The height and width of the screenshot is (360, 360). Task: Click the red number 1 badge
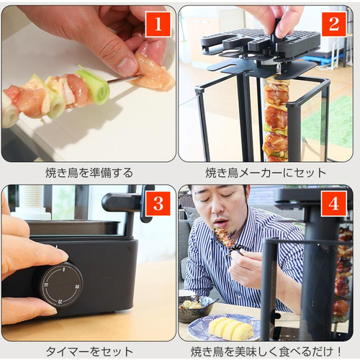(158, 24)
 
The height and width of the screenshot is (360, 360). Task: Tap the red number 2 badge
(334, 24)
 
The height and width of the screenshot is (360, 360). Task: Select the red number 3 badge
(158, 204)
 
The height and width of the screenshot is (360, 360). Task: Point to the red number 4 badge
(334, 204)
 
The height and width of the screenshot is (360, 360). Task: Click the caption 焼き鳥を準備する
(89, 173)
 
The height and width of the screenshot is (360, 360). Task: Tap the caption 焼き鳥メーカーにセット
(266, 173)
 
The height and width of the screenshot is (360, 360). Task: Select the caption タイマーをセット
(89, 352)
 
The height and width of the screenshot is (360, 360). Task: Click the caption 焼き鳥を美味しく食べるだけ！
(266, 352)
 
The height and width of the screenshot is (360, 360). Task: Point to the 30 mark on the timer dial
(77, 287)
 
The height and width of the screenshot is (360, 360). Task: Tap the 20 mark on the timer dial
(60, 301)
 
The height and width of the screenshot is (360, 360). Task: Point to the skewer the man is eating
(225, 240)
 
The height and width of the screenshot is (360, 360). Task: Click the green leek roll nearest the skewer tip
(96, 86)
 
